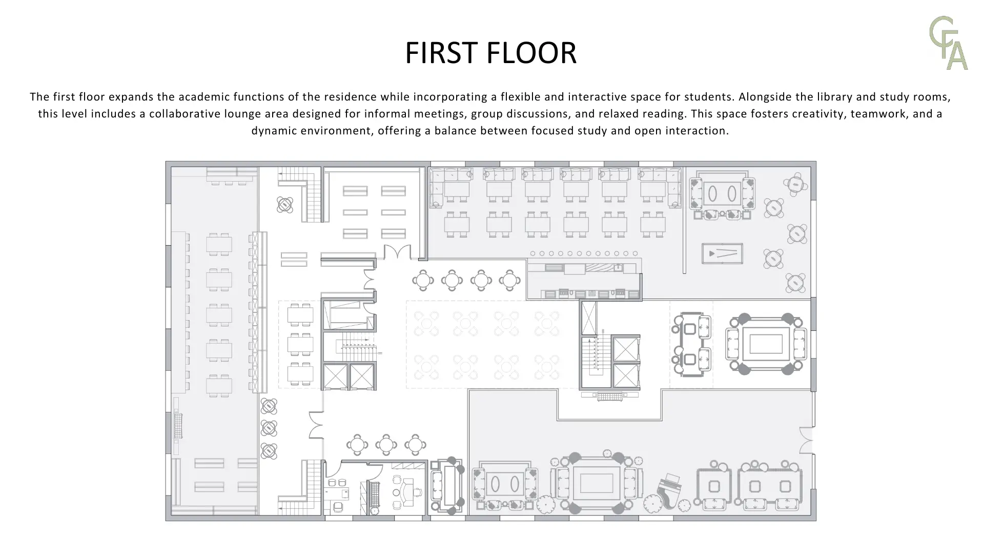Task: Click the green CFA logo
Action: click(949, 43)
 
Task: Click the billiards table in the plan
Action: click(722, 253)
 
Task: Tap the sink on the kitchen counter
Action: click(619, 267)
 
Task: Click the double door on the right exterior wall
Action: click(806, 440)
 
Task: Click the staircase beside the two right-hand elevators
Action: click(596, 355)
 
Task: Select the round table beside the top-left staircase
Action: click(285, 205)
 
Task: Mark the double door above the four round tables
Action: click(397, 252)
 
